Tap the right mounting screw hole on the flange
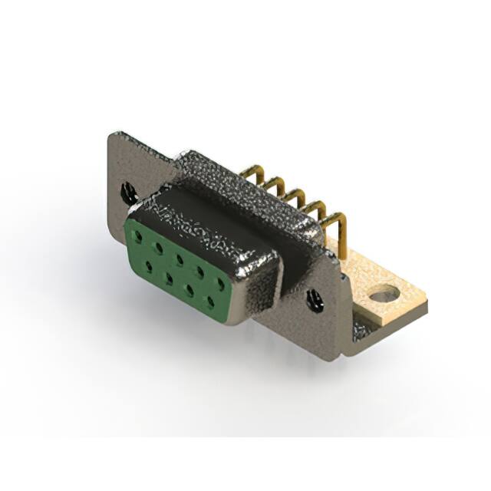point(315,300)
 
